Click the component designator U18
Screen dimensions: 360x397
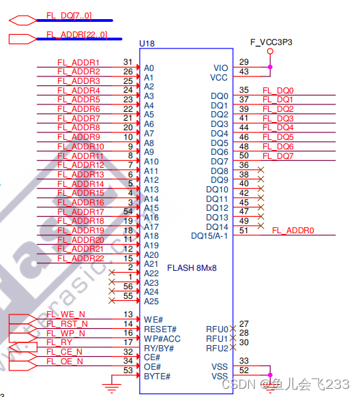[147, 44]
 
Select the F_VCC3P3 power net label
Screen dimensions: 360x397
[271, 42]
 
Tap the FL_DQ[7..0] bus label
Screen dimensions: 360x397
[69, 16]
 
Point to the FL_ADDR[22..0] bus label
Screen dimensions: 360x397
[76, 34]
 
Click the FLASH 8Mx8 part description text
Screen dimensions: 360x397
[192, 268]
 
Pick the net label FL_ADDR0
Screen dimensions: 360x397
[293, 231]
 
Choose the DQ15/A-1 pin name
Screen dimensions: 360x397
[209, 236]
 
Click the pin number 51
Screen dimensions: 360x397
[243, 231]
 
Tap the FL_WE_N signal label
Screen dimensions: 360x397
[65, 314]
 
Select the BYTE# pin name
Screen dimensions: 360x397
[157, 377]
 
